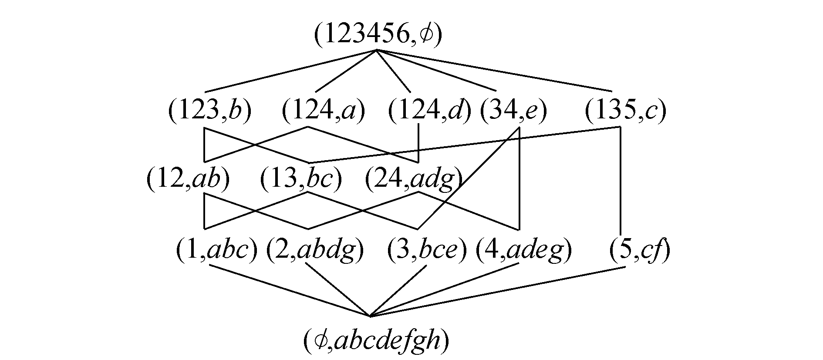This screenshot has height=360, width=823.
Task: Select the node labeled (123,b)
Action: pyautogui.click(x=210, y=111)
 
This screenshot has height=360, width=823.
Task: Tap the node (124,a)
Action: pyautogui.click(x=323, y=111)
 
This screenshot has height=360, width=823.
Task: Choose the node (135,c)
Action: pyautogui.click(x=625, y=111)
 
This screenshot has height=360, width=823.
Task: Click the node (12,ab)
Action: pyautogui.click(x=188, y=179)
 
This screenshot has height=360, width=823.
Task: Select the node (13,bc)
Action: pyautogui.click(x=301, y=179)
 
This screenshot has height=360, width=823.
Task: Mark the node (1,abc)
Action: pyautogui.click(x=216, y=251)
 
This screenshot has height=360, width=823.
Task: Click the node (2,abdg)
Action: pyautogui.click(x=315, y=251)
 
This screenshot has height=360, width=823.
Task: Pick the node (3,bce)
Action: pyautogui.click(x=427, y=251)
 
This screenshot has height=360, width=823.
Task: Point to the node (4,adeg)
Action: pyautogui.click(x=523, y=251)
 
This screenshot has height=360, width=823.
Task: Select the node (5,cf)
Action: pyautogui.click(x=639, y=251)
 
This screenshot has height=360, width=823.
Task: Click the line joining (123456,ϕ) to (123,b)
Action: pyautogui.click(x=290, y=71)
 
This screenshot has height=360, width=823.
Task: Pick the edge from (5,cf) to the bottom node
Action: pyautogui.click(x=496, y=291)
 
